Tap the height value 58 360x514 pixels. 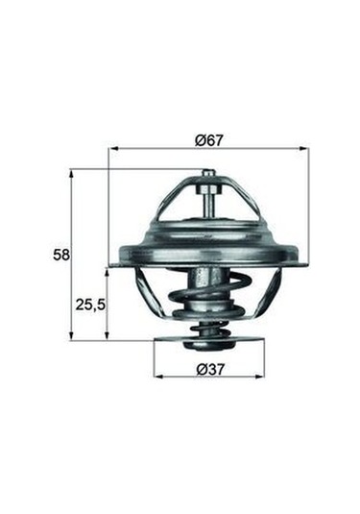click(x=60, y=256)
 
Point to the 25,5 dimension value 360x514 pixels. click(x=88, y=304)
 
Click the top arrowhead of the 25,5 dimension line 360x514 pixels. click(x=108, y=272)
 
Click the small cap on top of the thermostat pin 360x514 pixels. click(x=208, y=174)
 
